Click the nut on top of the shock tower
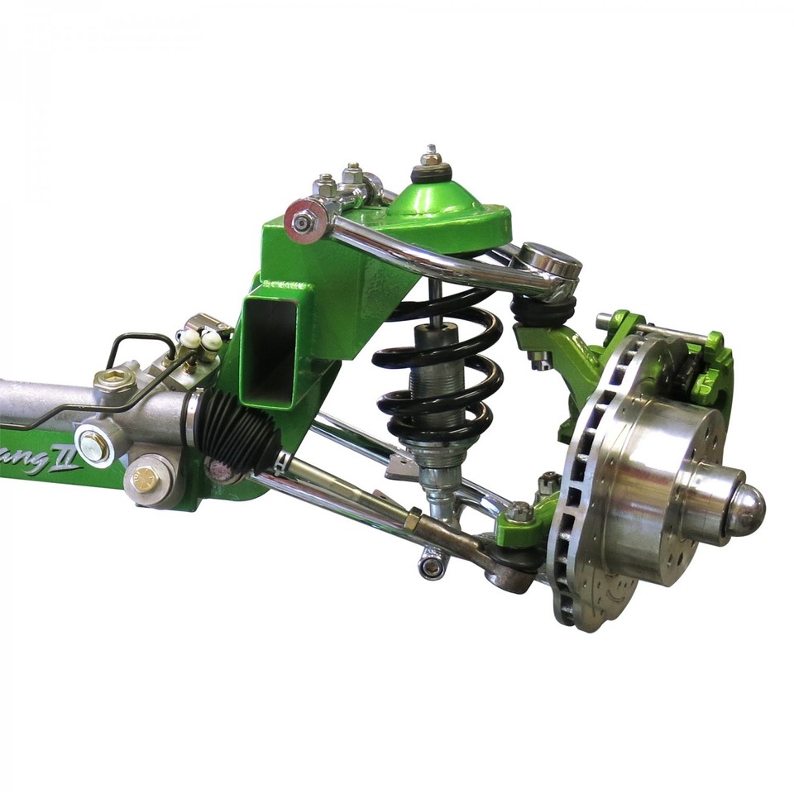click(x=430, y=157)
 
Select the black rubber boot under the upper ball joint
click(x=542, y=310)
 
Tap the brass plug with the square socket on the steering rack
click(x=115, y=380)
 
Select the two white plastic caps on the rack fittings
click(x=201, y=338)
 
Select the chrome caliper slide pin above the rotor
click(x=653, y=328)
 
